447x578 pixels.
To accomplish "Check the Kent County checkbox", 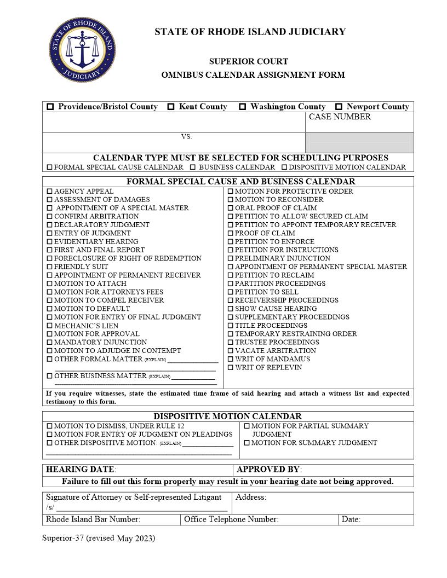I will (x=171, y=107).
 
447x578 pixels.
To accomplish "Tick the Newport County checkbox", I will (x=339, y=107).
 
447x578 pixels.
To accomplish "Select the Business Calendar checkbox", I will (x=193, y=167).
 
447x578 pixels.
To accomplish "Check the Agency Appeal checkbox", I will (x=49, y=192).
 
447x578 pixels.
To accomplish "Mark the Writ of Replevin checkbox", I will (x=230, y=368).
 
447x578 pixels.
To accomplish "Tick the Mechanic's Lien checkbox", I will (x=49, y=326).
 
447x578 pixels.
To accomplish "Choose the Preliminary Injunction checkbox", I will (x=230, y=258).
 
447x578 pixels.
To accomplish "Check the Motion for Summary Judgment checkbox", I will (x=247, y=443).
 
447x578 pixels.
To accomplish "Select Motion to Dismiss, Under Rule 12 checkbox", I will (x=49, y=426).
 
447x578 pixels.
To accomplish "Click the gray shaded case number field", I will (x=359, y=143).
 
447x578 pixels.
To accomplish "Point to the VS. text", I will (x=186, y=137).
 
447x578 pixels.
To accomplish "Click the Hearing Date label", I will (x=81, y=470).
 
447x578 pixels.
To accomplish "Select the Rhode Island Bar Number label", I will (x=93, y=519).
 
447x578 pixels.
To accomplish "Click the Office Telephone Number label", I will (x=231, y=519).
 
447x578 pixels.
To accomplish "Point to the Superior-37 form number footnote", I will (x=99, y=539).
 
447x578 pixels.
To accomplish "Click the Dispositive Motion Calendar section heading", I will (x=227, y=417).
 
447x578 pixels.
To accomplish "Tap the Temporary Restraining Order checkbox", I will (x=230, y=334).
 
